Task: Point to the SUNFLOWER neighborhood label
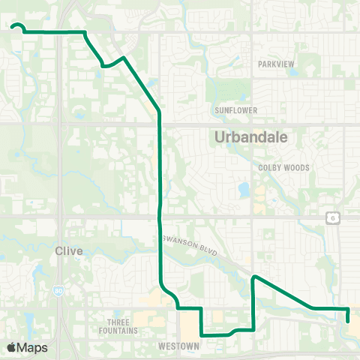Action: click(x=236, y=110)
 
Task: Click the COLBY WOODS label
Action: click(x=283, y=168)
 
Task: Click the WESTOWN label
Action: click(x=178, y=346)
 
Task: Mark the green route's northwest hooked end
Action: click(x=13, y=27)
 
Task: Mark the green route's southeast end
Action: click(x=349, y=321)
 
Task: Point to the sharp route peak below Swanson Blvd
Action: click(x=255, y=277)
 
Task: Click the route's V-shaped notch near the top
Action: click(x=103, y=66)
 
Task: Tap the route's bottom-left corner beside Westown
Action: click(x=202, y=335)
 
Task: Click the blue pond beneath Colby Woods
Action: click(x=244, y=189)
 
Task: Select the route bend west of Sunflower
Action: click(x=159, y=113)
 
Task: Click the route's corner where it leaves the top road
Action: click(x=85, y=32)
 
